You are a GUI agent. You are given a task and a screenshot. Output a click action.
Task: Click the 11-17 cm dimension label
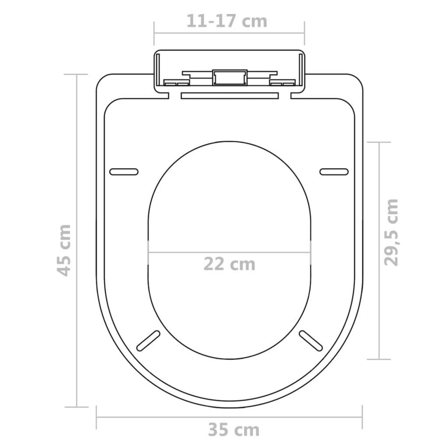coord(227,21)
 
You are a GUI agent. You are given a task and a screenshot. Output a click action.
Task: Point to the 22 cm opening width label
coord(230,264)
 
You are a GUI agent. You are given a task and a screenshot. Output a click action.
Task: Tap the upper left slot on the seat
coord(124,171)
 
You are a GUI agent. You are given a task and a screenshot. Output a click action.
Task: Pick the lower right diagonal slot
coord(311,340)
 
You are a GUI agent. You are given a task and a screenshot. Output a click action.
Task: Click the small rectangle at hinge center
coord(229,78)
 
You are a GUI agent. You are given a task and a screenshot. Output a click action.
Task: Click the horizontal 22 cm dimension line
coord(230,253)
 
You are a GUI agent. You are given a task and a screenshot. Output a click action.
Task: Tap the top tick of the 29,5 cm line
coord(379,142)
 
